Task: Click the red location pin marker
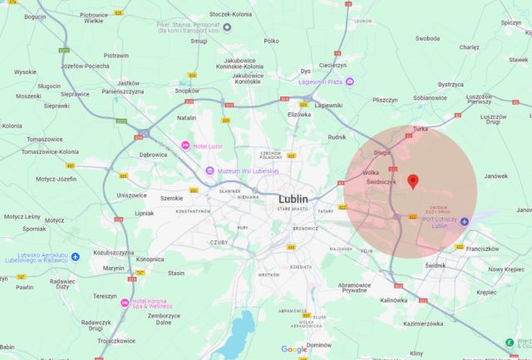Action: pyautogui.click(x=413, y=181)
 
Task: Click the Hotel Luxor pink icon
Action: pyautogui.click(x=185, y=145)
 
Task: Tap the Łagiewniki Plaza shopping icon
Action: pyautogui.click(x=350, y=81)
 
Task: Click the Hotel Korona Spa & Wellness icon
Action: pyautogui.click(x=125, y=302)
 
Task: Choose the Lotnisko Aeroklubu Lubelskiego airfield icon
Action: pyautogui.click(x=75, y=256)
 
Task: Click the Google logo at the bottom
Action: pyautogui.click(x=293, y=350)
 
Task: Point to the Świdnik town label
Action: pyautogui.click(x=436, y=265)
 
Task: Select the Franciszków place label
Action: pyautogui.click(x=482, y=248)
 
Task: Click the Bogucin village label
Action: pyautogui.click(x=35, y=17)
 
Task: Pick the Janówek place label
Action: pyautogui.click(x=495, y=176)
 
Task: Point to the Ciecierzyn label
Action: pyautogui.click(x=332, y=65)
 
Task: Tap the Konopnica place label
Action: pyautogui.click(x=150, y=259)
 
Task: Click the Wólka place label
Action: pyautogui.click(x=371, y=173)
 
